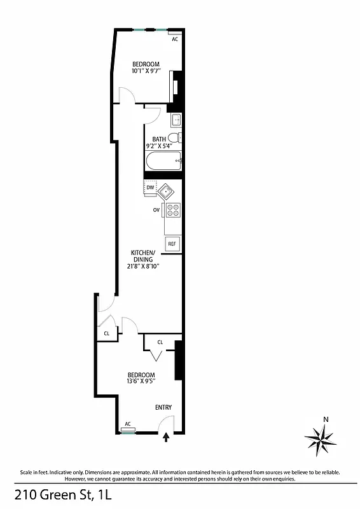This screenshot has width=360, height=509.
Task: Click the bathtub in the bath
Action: [163, 162]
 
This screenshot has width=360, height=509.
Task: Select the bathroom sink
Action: [176, 119]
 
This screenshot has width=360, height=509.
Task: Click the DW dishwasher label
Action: [151, 188]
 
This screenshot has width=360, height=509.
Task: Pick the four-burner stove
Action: [173, 209]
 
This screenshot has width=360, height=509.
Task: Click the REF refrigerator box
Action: [172, 244]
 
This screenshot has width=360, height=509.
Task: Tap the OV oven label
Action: [155, 209]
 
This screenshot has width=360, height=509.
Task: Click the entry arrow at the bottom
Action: [167, 437]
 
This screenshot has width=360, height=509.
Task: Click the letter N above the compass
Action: [326, 419]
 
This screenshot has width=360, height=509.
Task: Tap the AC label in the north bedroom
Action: [175, 38]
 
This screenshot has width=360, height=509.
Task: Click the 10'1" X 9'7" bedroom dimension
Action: [146, 72]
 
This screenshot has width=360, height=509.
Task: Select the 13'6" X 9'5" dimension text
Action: [141, 382]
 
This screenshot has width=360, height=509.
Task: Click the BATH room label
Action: [158, 139]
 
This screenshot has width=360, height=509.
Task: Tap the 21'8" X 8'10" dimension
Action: [142, 266]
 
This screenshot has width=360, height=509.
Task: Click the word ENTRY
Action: [163, 407]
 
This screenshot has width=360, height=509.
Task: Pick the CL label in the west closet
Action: [107, 333]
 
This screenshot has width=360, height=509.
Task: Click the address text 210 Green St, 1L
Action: [58, 494]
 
